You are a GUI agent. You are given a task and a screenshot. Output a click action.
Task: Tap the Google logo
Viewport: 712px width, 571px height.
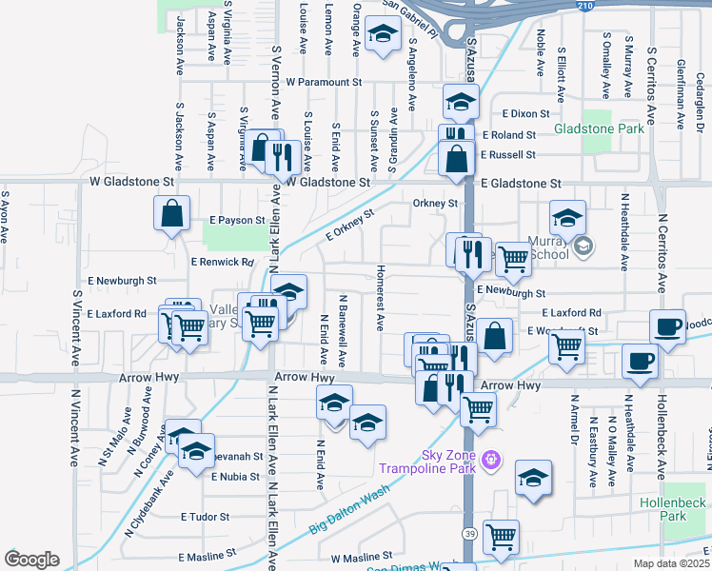[31, 559]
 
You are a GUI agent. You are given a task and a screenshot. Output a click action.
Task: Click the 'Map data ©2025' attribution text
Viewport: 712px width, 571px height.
[672, 563]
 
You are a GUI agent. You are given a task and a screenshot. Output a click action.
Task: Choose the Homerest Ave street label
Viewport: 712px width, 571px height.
[380, 299]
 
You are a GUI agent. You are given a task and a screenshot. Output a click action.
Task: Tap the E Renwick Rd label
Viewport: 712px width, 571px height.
[222, 261]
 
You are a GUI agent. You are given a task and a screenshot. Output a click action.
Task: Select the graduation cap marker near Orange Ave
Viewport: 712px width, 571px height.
[383, 36]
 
